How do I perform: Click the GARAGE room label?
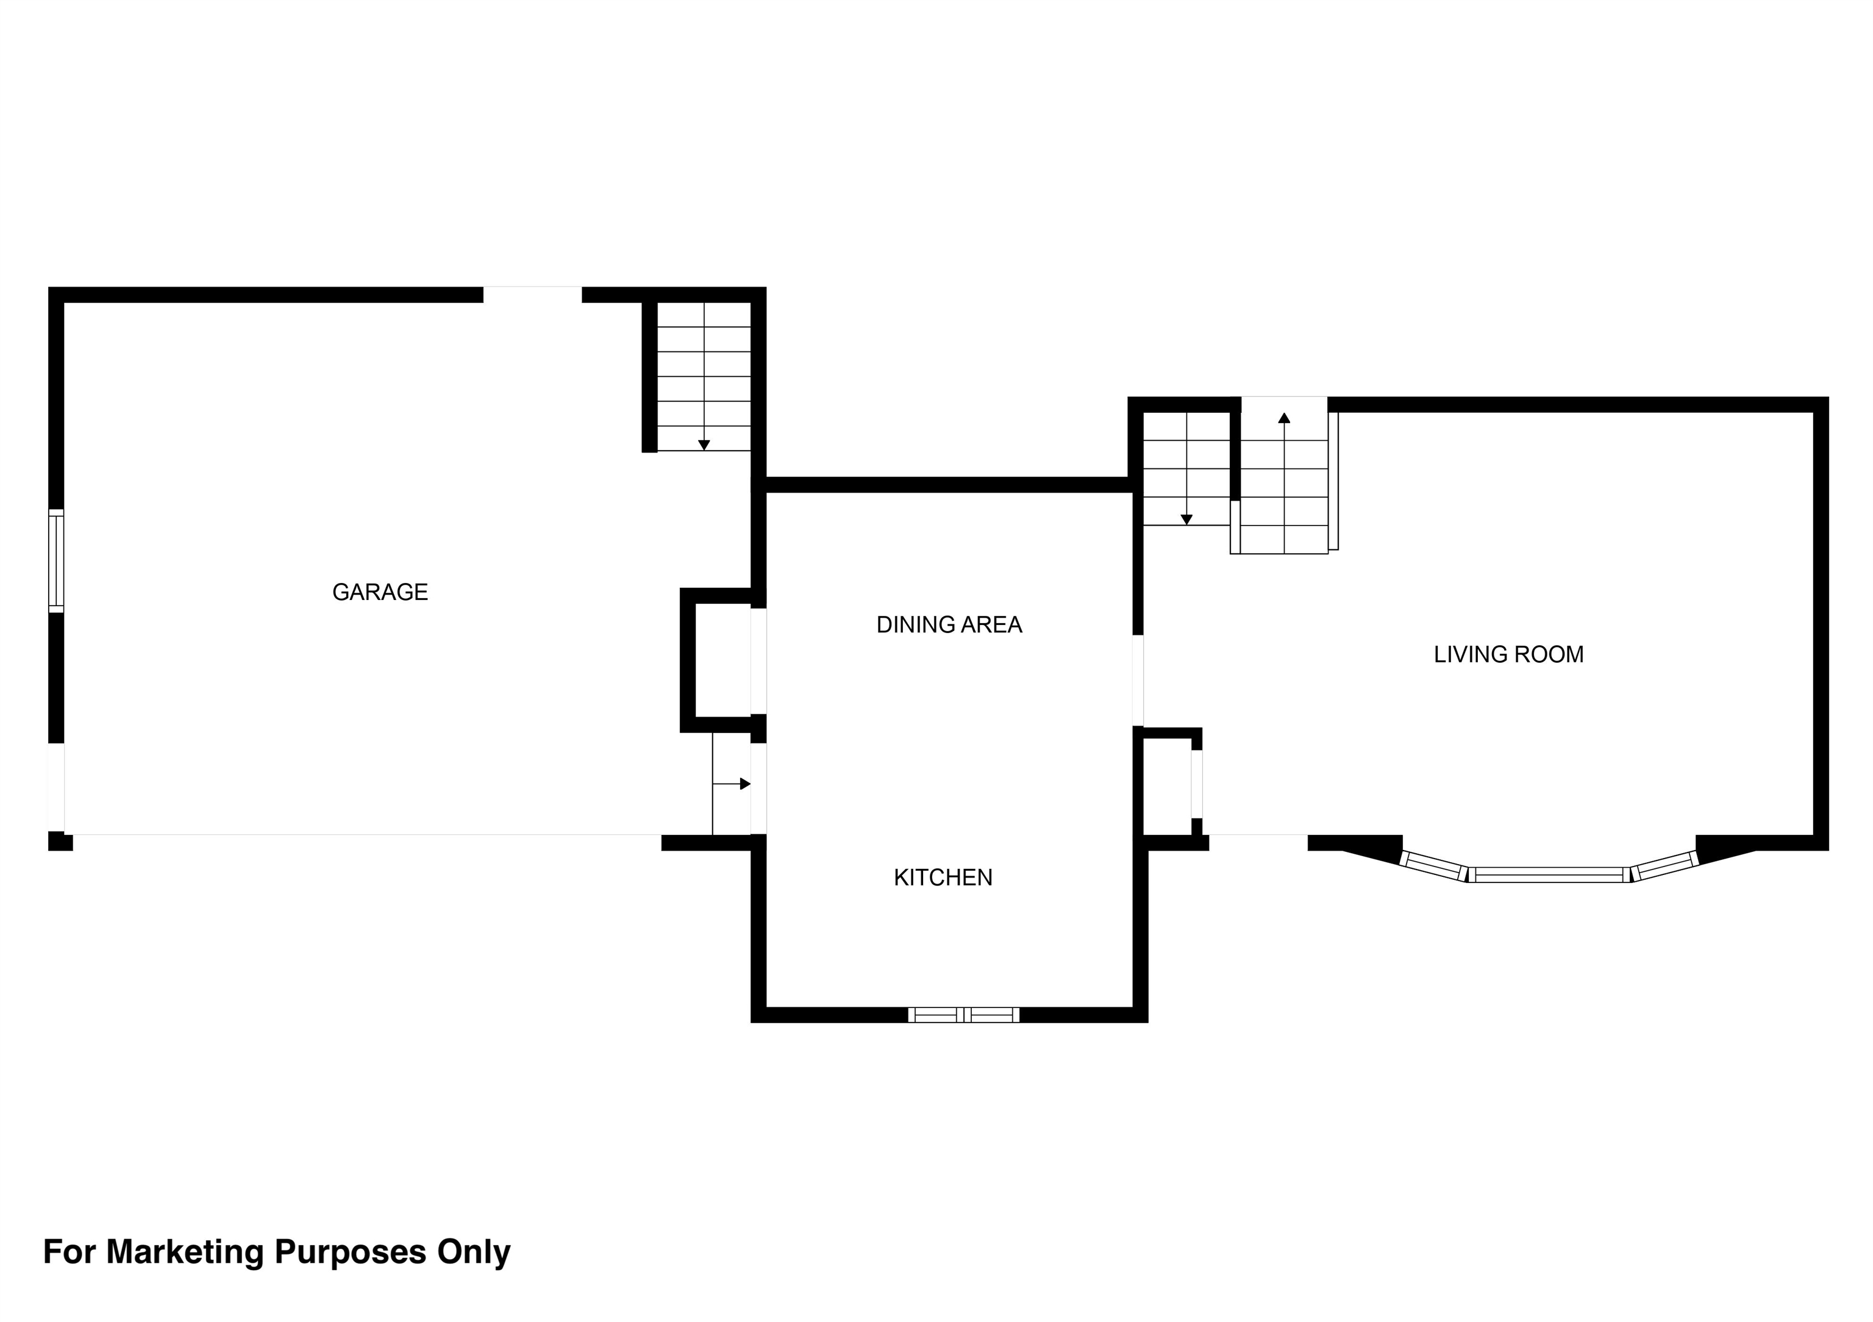[x=380, y=591]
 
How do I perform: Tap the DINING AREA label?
[x=949, y=624]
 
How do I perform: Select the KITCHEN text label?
[x=943, y=877]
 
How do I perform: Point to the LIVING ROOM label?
[x=1508, y=654]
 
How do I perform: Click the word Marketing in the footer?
[x=184, y=1251]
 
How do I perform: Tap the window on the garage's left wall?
[x=55, y=560]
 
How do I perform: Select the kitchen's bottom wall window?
[x=963, y=1014]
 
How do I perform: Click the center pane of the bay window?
[x=1549, y=874]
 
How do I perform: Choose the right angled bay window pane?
[x=1664, y=866]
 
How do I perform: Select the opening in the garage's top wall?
[x=533, y=295]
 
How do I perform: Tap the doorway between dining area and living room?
[x=1138, y=680]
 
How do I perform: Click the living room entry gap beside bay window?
[x=1258, y=842]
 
